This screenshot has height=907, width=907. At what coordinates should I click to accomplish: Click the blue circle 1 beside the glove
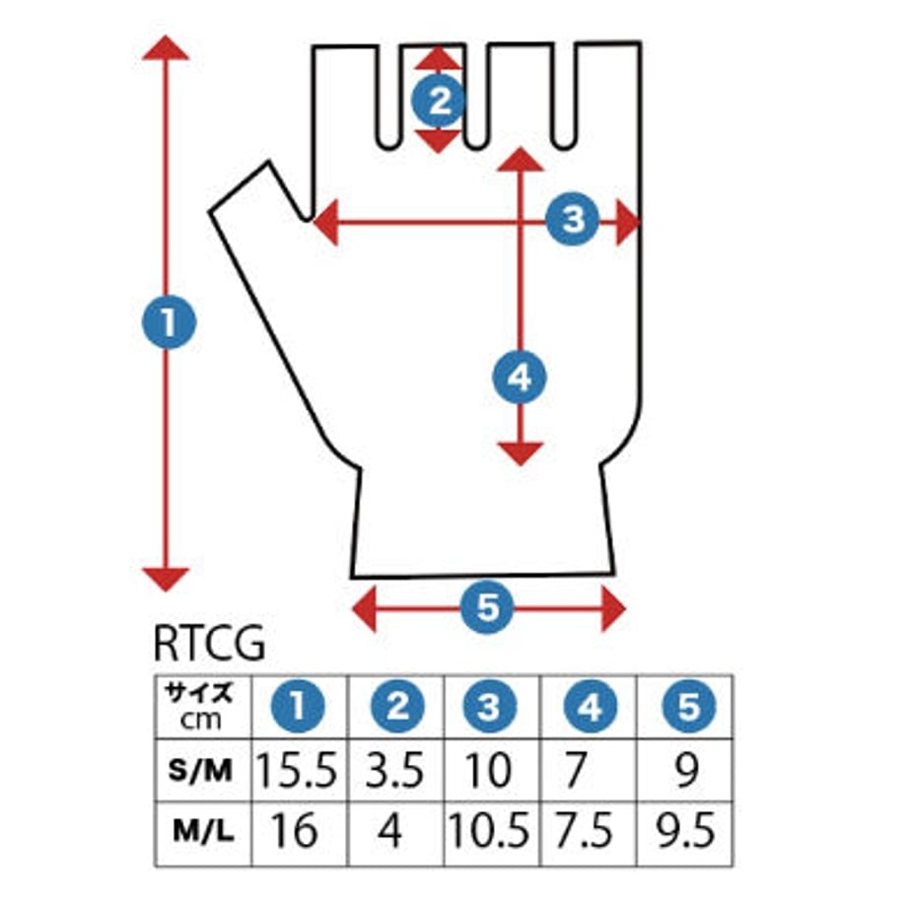click(x=169, y=323)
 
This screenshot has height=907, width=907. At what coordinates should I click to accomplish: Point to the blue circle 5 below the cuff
click(x=488, y=608)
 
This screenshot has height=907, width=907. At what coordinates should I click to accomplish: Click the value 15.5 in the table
click(x=300, y=771)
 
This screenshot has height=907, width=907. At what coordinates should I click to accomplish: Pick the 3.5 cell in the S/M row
click(x=396, y=771)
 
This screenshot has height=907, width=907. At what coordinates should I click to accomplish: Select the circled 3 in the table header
click(x=493, y=707)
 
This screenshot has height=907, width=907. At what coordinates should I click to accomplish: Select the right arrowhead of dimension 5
click(x=613, y=608)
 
